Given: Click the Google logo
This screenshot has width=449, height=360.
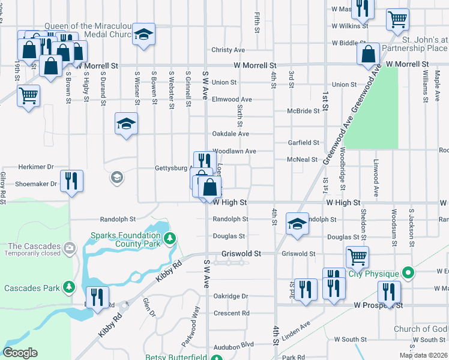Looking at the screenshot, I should click(20, 353).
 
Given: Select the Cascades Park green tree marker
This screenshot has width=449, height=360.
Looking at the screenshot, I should click(70, 288).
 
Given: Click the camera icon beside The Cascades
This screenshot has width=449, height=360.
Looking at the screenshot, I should click(70, 247).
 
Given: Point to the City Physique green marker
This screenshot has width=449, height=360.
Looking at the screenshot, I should click(409, 274).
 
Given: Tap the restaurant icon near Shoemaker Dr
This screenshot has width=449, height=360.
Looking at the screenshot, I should click(71, 181).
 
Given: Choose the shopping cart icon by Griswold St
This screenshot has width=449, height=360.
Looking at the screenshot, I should click(357, 257).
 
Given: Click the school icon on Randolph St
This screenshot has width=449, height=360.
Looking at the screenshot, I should click(296, 223).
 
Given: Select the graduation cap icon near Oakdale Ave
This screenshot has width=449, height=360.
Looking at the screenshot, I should click(126, 123).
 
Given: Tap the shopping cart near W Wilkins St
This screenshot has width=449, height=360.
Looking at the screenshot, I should click(397, 19).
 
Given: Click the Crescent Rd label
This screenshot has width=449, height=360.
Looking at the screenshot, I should click(231, 313).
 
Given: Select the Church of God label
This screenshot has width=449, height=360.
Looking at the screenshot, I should click(420, 329).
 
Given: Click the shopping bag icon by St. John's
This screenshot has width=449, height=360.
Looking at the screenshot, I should click(368, 53).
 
